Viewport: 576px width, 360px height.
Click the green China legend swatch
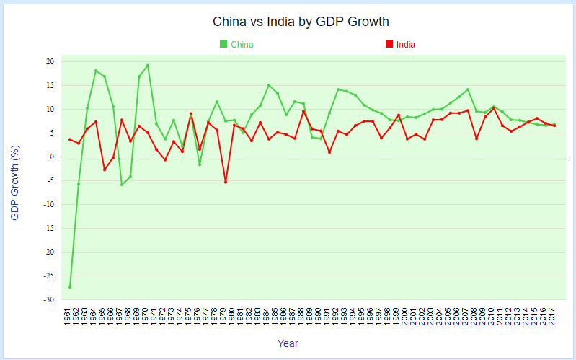[223, 45]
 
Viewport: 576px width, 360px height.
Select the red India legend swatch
[389, 45]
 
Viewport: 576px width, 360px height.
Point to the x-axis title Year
[288, 343]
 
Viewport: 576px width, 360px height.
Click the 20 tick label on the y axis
[50, 62]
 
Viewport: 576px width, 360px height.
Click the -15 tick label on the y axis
[48, 229]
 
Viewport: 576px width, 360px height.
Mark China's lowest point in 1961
[70, 287]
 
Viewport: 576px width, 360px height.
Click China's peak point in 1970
[148, 66]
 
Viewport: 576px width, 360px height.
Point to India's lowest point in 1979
[226, 182]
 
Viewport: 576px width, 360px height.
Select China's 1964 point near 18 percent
[96, 71]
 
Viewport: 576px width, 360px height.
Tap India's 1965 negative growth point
[105, 170]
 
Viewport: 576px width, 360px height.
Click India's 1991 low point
[329, 152]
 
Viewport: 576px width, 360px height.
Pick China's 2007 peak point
[468, 89]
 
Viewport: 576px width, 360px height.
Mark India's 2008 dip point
[477, 139]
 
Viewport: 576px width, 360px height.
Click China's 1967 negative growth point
[122, 185]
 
